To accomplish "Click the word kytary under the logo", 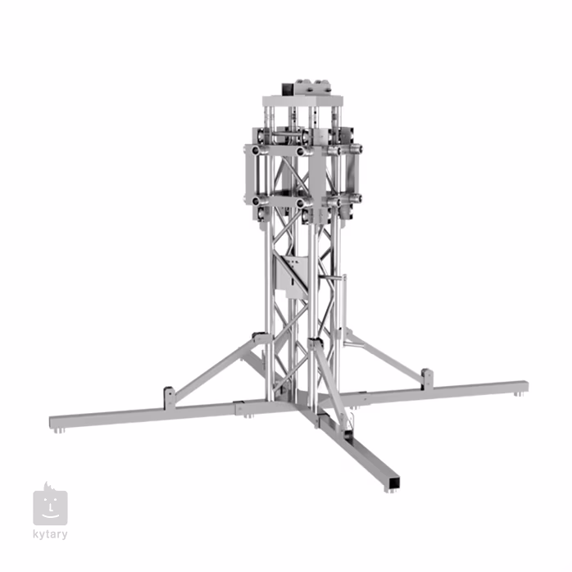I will (50, 535).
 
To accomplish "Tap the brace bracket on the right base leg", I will (427, 379).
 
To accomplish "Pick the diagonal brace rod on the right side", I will (382, 353).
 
